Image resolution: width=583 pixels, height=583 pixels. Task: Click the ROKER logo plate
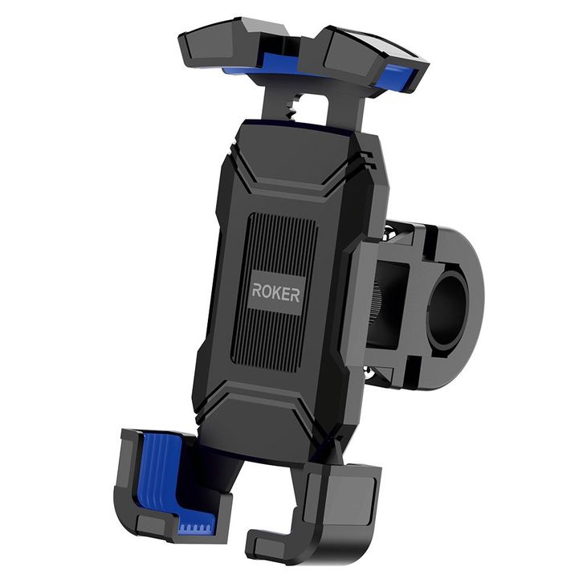pyautogui.click(x=275, y=291)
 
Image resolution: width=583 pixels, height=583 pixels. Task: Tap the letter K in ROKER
pyautogui.click(x=276, y=292)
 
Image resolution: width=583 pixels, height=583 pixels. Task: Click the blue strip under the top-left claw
pyautogui.click(x=271, y=66)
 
